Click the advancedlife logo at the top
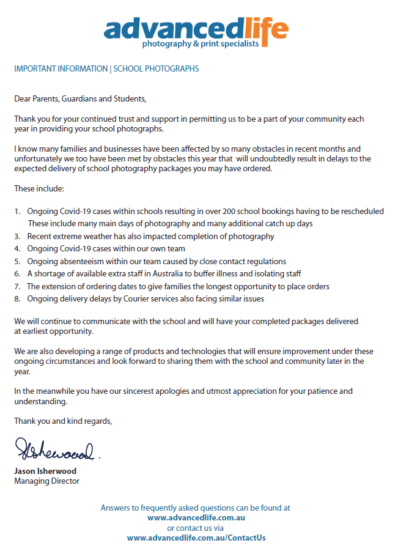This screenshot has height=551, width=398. [196, 29]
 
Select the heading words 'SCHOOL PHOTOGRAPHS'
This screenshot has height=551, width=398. [156, 69]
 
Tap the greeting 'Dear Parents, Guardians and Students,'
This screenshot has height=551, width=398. [81, 98]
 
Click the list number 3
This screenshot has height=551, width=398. [17, 236]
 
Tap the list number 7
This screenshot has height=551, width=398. [17, 286]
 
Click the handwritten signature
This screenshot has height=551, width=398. [54, 451]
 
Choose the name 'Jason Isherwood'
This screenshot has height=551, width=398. [45, 471]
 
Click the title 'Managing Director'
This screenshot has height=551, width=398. [46, 481]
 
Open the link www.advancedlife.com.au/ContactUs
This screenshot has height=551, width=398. [196, 538]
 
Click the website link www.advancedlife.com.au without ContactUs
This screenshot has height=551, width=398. [196, 517]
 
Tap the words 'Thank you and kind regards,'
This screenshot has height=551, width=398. [63, 421]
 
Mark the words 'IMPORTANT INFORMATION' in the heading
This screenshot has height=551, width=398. [61, 69]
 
